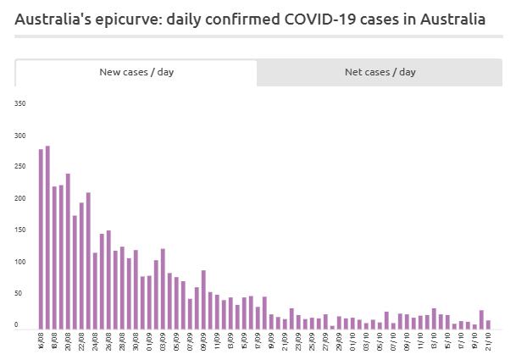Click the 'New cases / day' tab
pos(136,72)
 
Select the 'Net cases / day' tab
pos(380,72)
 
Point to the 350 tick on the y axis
pos(20,103)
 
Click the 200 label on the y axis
pos(20,198)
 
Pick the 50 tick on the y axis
pos(21,293)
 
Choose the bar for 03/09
pos(163,289)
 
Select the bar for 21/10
pos(488,324)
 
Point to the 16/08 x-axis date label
pos(41,340)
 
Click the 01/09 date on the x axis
pos(149,340)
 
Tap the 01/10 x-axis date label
pos(352,340)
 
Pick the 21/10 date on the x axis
pos(488,340)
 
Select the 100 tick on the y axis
pos(20,262)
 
